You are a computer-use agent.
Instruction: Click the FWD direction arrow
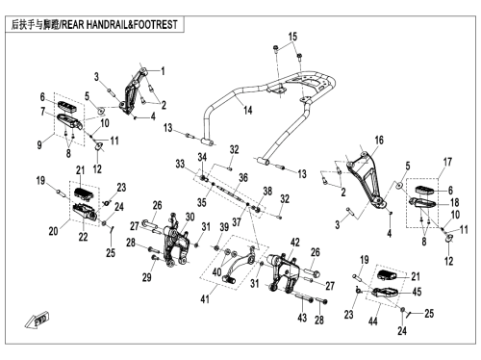coord(37,320)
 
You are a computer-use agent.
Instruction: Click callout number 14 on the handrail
coord(248,111)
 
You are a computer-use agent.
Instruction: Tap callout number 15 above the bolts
coord(292,37)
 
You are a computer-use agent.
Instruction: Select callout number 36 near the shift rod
coord(243,177)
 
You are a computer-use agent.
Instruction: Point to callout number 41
coord(205,298)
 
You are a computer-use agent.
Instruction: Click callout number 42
coord(294,243)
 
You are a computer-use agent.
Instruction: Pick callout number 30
coord(190,217)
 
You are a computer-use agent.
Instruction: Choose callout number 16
coord(379,140)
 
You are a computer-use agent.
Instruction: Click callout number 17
coord(447,162)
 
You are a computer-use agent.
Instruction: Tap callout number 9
coord(39,144)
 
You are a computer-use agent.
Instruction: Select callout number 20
coord(53,231)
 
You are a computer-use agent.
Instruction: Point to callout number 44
coord(372,321)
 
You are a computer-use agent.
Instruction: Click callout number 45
coord(417,292)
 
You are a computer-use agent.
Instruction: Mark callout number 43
coord(302,318)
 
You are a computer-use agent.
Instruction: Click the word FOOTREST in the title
coord(155,25)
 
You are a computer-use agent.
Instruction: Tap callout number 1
coord(163,70)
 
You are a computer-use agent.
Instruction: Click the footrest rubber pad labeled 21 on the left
coord(85,193)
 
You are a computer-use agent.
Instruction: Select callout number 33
coord(180,164)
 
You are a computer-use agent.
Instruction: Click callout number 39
coord(224,227)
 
